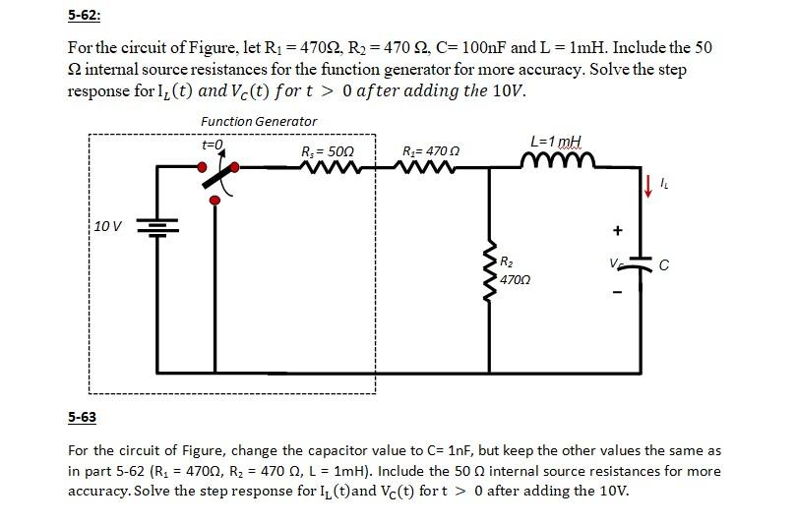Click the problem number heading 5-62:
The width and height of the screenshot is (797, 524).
tap(84, 15)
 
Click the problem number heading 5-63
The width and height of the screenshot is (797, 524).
tap(82, 417)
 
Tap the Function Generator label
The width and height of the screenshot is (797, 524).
tap(259, 121)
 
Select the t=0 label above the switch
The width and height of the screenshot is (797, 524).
tap(213, 145)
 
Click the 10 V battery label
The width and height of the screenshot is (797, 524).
tap(108, 227)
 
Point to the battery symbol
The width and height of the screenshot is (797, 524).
tap(156, 227)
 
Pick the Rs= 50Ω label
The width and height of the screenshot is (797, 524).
tap(328, 151)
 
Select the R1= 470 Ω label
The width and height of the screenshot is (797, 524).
tap(431, 151)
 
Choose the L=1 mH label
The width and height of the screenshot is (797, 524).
tap(556, 142)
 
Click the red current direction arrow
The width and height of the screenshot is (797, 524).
tap(648, 184)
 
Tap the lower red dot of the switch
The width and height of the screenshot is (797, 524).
tap(215, 201)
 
